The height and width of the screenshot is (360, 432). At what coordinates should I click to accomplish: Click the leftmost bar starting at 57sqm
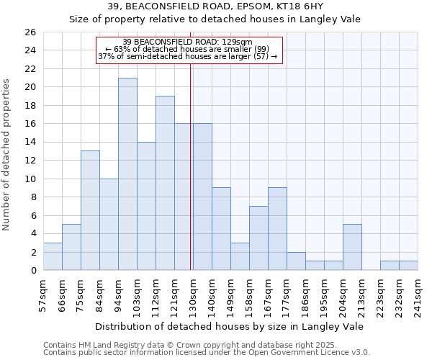pos(53,256)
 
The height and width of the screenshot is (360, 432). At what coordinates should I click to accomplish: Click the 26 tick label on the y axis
pos(30,32)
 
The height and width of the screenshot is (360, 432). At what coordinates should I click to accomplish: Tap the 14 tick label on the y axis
pos(30,143)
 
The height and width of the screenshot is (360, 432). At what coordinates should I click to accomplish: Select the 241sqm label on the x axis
pos(418,295)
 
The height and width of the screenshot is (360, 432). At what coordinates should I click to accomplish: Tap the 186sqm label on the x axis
pos(305,295)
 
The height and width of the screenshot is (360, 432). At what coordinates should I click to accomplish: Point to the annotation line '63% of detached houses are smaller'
pos(187,49)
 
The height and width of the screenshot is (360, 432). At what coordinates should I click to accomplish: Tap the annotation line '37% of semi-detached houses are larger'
pos(187,56)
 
